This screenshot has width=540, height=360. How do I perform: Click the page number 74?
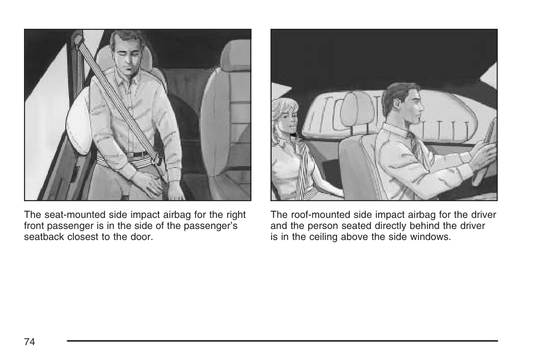coord(30,341)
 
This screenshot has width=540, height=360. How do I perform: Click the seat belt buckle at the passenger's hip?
coord(157,159)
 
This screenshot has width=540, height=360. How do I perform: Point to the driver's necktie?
coord(414,144)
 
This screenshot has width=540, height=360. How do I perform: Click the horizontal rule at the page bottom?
coord(282,341)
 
